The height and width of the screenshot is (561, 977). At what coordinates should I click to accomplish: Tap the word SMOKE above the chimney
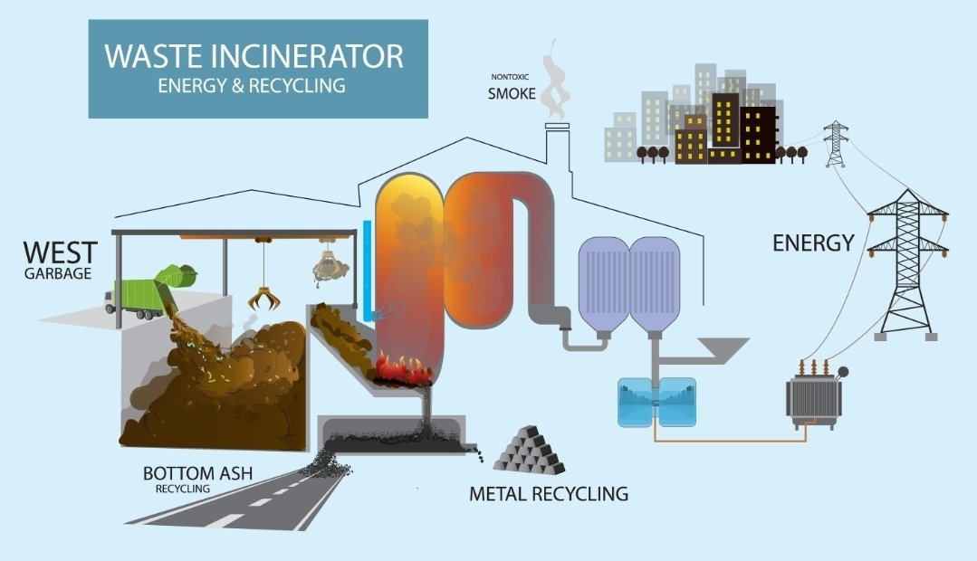tap(512, 93)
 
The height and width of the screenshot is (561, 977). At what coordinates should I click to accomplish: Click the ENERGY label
tap(812, 242)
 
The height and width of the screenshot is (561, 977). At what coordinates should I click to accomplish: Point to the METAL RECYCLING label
tap(548, 494)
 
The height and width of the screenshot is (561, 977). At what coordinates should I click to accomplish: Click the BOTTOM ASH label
tap(197, 473)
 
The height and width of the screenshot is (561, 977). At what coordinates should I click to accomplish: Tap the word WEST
tap(60, 252)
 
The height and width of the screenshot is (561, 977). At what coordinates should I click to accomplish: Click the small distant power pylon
tap(834, 145)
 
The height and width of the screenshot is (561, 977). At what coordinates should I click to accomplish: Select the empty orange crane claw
tap(263, 298)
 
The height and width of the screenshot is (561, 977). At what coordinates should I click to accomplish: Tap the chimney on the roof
tap(557, 145)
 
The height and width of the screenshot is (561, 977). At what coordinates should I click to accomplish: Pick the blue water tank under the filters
tap(656, 402)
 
